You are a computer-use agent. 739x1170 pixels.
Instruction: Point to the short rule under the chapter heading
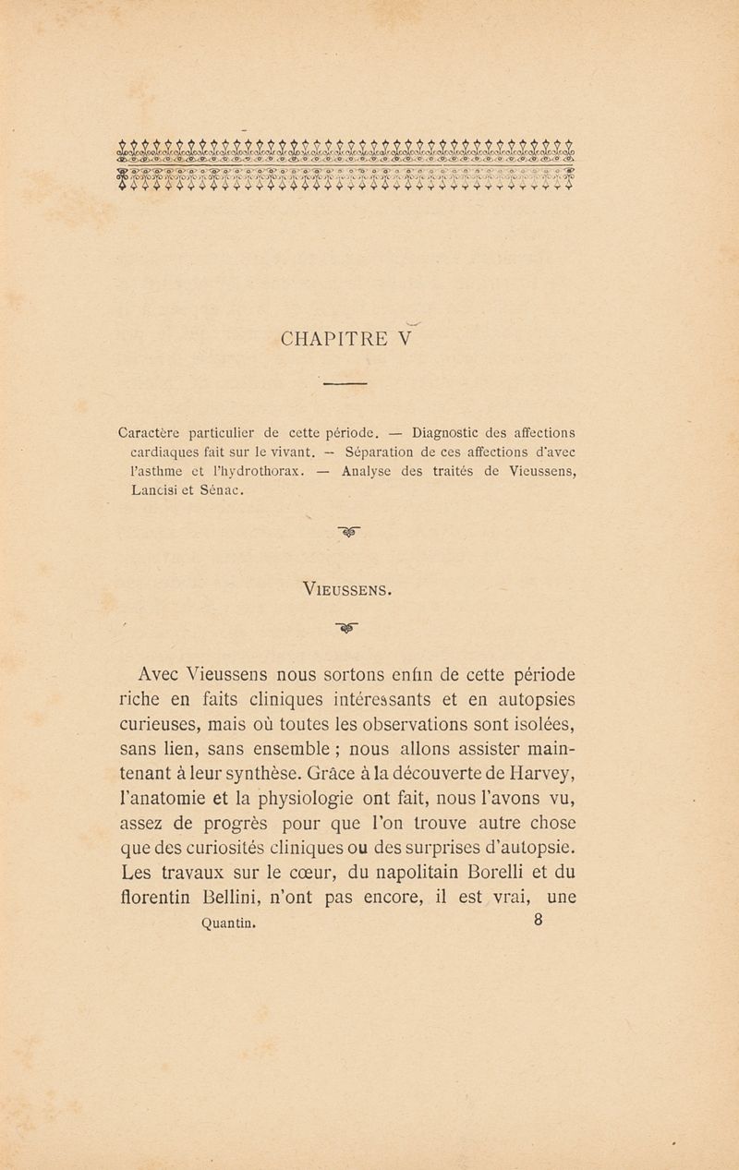[345, 383]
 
